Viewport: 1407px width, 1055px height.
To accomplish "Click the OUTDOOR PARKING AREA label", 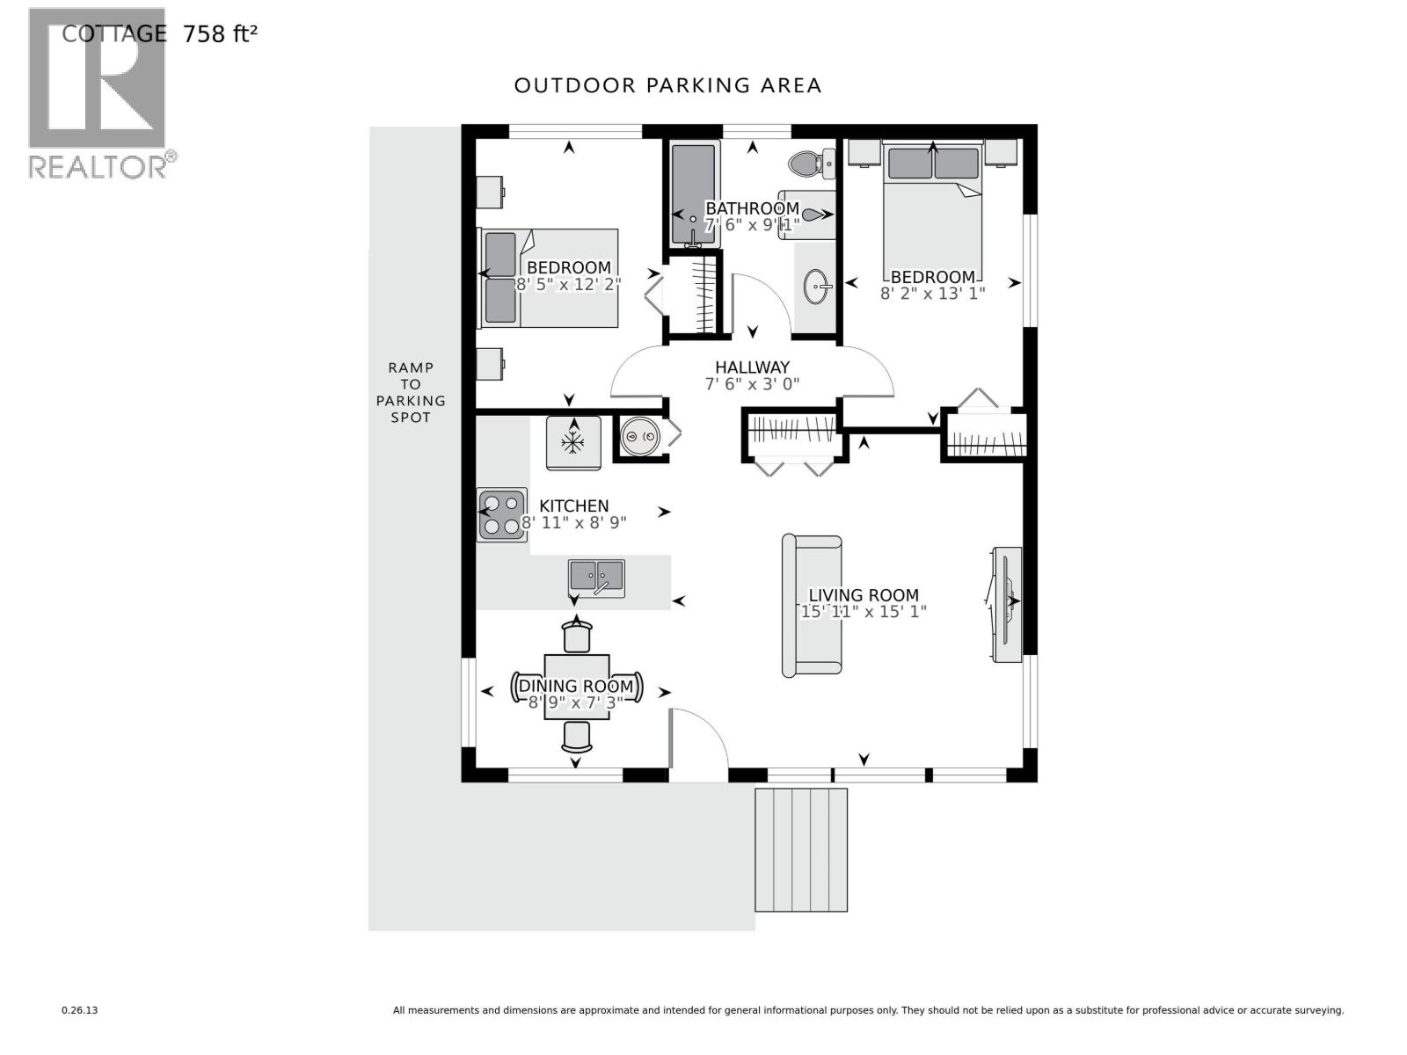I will [x=667, y=85].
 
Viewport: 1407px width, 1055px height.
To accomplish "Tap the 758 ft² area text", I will [x=220, y=34].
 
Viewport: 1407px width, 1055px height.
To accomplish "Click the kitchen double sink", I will [x=596, y=578].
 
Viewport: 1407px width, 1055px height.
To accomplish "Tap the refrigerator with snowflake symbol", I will [x=573, y=442].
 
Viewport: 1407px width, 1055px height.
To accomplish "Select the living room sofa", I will [x=812, y=606].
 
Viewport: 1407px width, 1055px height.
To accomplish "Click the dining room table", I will [x=576, y=687].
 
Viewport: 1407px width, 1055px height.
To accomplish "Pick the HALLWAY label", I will [x=752, y=367].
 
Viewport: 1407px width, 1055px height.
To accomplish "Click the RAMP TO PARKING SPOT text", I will [x=411, y=392].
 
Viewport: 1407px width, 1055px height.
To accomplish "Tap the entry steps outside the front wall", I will [x=801, y=849].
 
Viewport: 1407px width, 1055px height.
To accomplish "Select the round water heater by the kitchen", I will [x=639, y=436].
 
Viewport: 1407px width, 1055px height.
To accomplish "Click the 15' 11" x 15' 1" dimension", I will [x=864, y=612].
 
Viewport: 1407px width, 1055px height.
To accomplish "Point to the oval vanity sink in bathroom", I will [x=818, y=287].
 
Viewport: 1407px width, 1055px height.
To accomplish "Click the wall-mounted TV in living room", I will [x=1006, y=604].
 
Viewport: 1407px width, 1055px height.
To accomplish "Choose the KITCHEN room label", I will [x=573, y=506].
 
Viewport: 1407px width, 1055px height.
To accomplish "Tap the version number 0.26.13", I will [x=80, y=1011].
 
